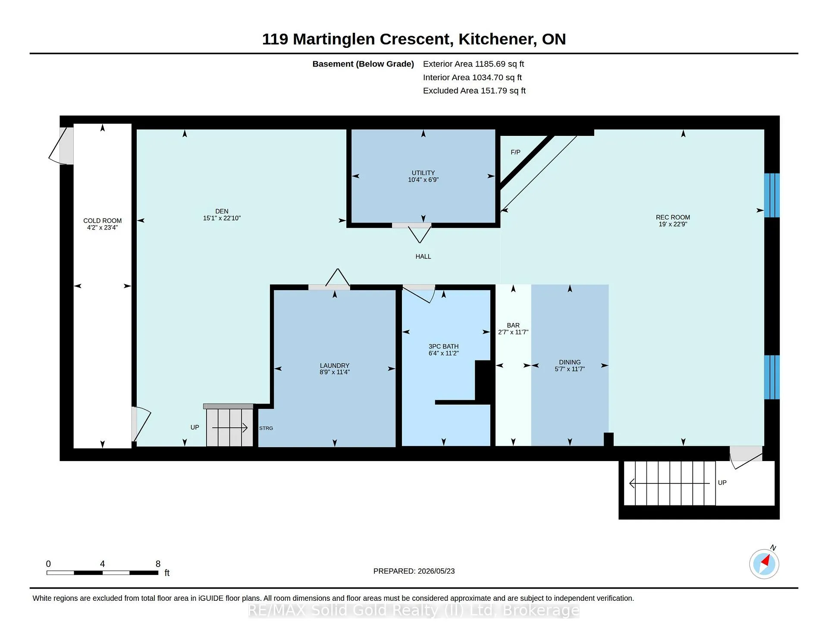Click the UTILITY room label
423,173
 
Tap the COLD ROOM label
103,220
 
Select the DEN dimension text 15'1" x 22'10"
222,218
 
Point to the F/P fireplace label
515,152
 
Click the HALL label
423,256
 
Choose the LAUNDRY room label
335,365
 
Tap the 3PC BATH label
443,346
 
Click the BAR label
513,325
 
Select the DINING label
570,362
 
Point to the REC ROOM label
673,217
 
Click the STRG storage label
266,428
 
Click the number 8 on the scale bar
158,564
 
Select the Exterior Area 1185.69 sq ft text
474,64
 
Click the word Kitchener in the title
498,39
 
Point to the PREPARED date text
414,571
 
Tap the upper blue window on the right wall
772,195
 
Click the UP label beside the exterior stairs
722,483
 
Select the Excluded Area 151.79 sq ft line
474,91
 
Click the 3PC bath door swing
419,294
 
